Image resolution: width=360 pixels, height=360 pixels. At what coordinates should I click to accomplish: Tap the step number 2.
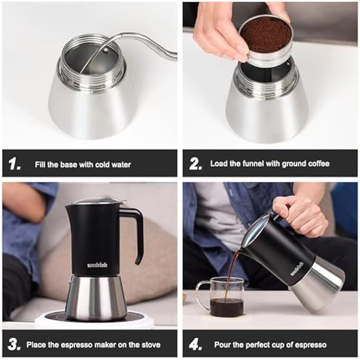point(195,164)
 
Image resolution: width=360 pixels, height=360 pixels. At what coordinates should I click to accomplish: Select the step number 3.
point(14,344)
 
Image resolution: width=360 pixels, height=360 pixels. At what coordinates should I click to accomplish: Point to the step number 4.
point(195,344)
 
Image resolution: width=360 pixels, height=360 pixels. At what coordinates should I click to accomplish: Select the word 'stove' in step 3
point(150,345)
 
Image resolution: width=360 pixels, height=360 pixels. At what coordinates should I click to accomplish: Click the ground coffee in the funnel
point(265,35)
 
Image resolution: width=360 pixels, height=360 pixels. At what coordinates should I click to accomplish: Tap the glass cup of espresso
point(221,299)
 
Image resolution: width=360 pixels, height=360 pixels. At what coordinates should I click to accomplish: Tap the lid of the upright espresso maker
point(96,201)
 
